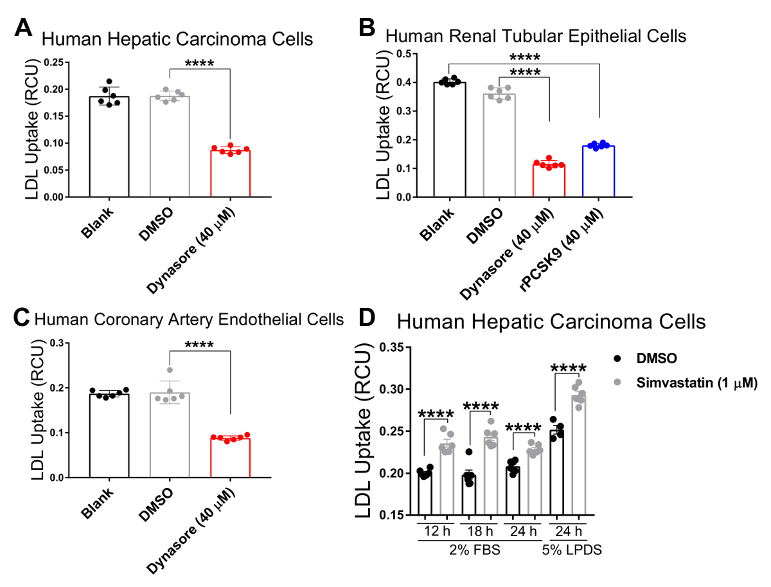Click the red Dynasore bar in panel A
(x=229, y=174)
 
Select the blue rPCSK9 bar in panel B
(x=598, y=172)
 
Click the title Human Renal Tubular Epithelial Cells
(x=536, y=36)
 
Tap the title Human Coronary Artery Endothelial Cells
(x=188, y=319)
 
